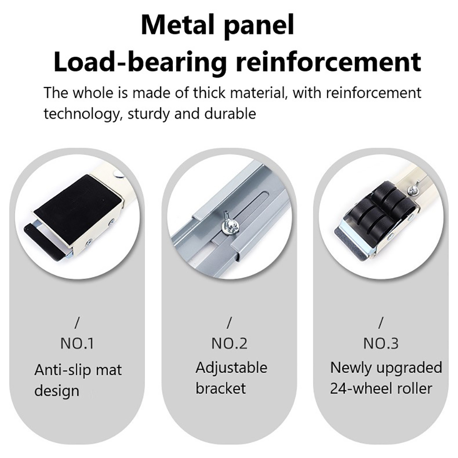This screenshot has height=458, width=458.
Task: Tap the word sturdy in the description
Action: click(x=148, y=114)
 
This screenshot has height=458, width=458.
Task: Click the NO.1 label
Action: click(x=77, y=344)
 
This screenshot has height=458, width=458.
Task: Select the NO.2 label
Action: click(x=229, y=344)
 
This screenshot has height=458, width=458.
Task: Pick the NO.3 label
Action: click(x=381, y=344)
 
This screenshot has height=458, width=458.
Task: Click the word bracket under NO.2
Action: click(x=221, y=389)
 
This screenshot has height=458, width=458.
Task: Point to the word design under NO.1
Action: click(x=57, y=391)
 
